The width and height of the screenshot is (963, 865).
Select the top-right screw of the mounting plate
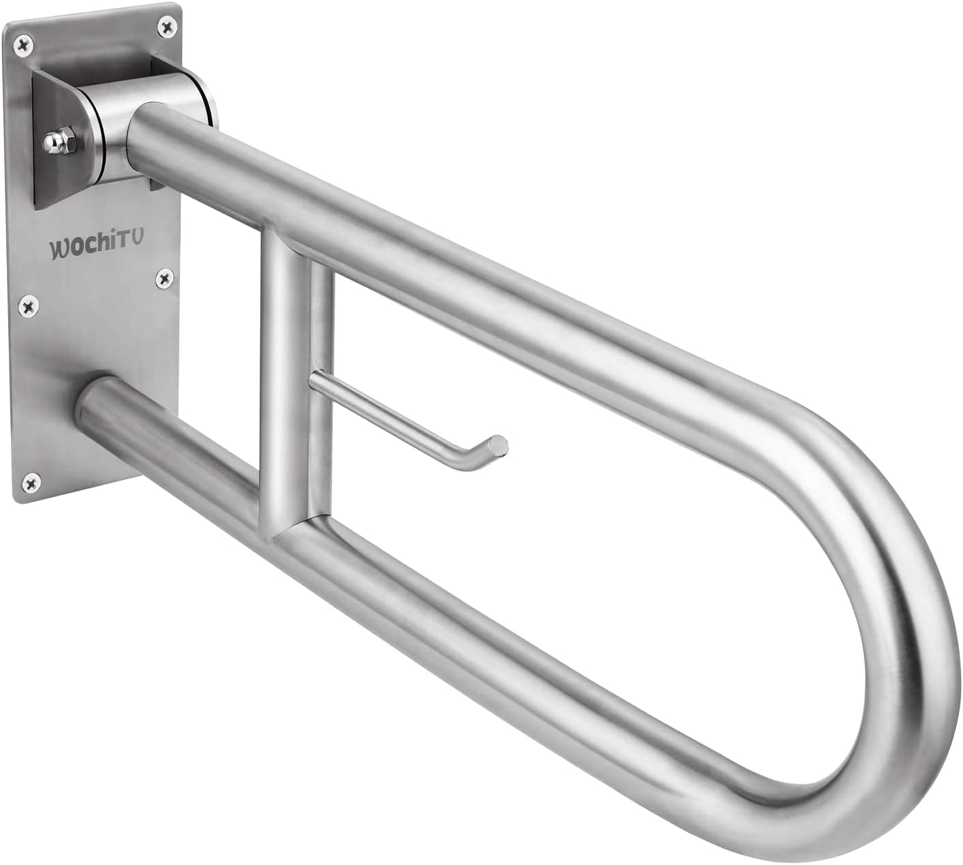[166, 26]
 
